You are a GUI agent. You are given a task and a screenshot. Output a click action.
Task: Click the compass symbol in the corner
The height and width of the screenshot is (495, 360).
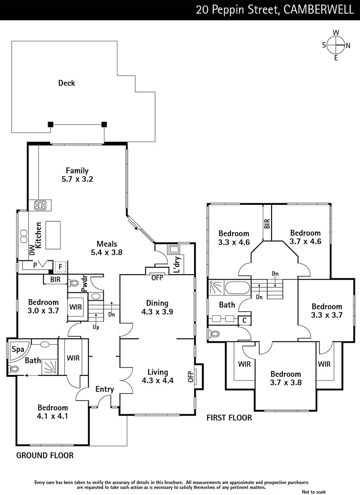tap(336, 45)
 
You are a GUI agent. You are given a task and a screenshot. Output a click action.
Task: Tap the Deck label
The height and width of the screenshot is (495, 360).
tap(66, 83)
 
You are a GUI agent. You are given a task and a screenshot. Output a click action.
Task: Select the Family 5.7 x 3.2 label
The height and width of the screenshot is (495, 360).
tap(77, 175)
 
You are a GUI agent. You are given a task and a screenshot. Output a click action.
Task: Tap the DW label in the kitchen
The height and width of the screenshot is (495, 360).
tap(32, 250)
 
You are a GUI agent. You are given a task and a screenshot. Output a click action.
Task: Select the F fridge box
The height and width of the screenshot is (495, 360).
tap(60, 265)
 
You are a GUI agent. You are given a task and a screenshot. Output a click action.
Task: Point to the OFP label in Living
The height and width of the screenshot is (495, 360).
tap(191, 376)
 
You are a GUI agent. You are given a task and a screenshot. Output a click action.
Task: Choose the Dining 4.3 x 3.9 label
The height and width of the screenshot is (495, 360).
tap(157, 307)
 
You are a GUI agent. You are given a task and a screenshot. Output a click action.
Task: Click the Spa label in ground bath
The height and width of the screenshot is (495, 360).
tap(17, 349)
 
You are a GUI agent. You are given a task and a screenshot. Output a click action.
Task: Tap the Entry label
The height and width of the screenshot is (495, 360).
tap(105, 389)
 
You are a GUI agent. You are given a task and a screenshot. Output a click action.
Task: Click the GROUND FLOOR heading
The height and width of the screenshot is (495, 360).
tap(45, 456)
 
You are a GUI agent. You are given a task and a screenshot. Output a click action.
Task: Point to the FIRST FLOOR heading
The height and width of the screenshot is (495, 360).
tap(229, 418)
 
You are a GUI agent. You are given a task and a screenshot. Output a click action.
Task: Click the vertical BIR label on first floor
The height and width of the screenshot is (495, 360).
tap(267, 224)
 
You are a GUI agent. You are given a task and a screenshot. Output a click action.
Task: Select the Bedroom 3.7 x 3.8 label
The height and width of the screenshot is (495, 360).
tap(285, 378)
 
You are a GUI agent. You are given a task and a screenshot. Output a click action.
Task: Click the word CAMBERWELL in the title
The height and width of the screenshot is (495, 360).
tap(319, 10)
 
